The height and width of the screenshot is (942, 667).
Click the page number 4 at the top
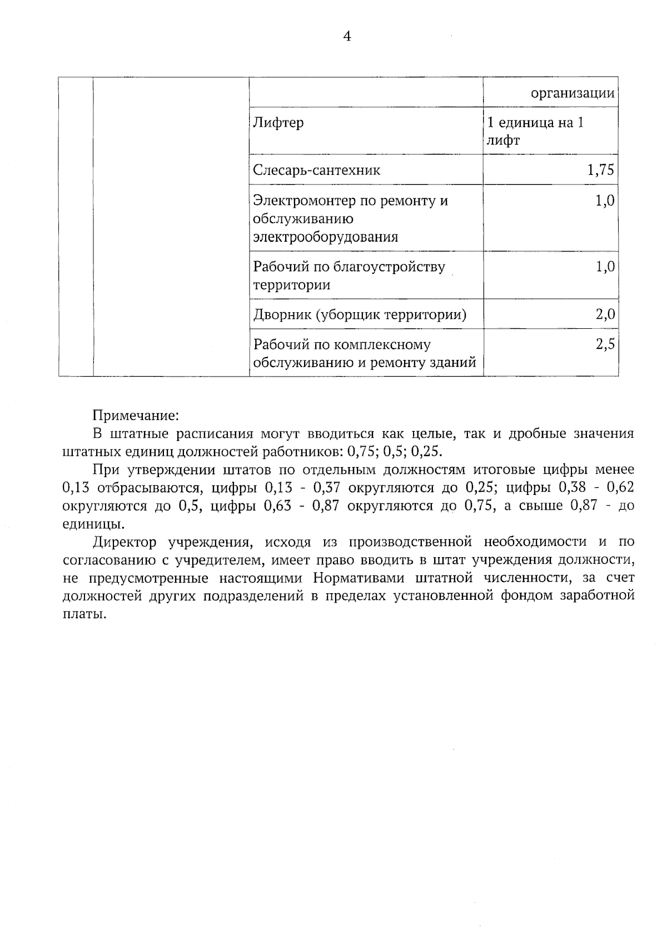347,37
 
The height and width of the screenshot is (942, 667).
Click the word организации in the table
573,93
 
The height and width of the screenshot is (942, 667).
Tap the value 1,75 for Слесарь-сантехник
600,170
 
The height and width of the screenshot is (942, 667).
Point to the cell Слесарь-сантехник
316,170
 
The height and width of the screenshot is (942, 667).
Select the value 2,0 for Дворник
605,315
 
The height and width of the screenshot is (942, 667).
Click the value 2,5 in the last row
605,345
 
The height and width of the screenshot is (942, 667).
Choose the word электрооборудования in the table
326,237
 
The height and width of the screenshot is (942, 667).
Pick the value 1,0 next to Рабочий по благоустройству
605,267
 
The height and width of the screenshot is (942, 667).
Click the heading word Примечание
135,415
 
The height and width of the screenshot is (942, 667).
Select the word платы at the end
84,615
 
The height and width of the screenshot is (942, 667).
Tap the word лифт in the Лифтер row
503,141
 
